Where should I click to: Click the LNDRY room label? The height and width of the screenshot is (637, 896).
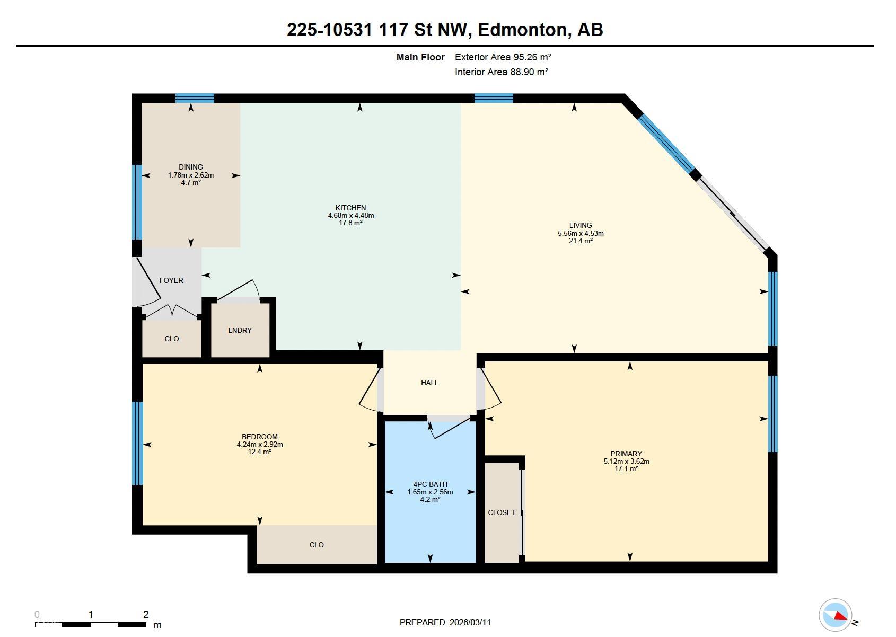click(240, 330)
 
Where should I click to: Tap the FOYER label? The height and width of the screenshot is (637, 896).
click(171, 280)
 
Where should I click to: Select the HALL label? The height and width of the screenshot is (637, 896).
click(429, 383)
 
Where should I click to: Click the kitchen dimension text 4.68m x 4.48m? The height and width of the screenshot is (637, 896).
click(350, 216)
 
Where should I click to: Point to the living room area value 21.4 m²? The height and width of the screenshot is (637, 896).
click(581, 241)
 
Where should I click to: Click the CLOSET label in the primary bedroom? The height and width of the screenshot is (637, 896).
click(502, 512)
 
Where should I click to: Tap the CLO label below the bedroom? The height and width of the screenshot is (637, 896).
click(317, 545)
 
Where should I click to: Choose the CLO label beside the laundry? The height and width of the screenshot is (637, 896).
click(172, 339)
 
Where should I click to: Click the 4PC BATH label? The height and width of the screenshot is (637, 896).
click(430, 484)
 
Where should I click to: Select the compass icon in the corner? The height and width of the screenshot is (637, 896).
click(836, 615)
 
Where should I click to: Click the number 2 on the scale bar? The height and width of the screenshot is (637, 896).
click(146, 615)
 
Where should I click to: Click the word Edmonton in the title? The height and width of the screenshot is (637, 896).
click(522, 30)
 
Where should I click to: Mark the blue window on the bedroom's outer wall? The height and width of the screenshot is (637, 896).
click(137, 443)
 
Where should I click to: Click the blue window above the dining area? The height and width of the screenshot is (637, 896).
click(195, 98)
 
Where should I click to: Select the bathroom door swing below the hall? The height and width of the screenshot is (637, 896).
click(448, 427)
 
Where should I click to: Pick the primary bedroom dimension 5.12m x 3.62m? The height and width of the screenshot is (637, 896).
click(626, 461)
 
